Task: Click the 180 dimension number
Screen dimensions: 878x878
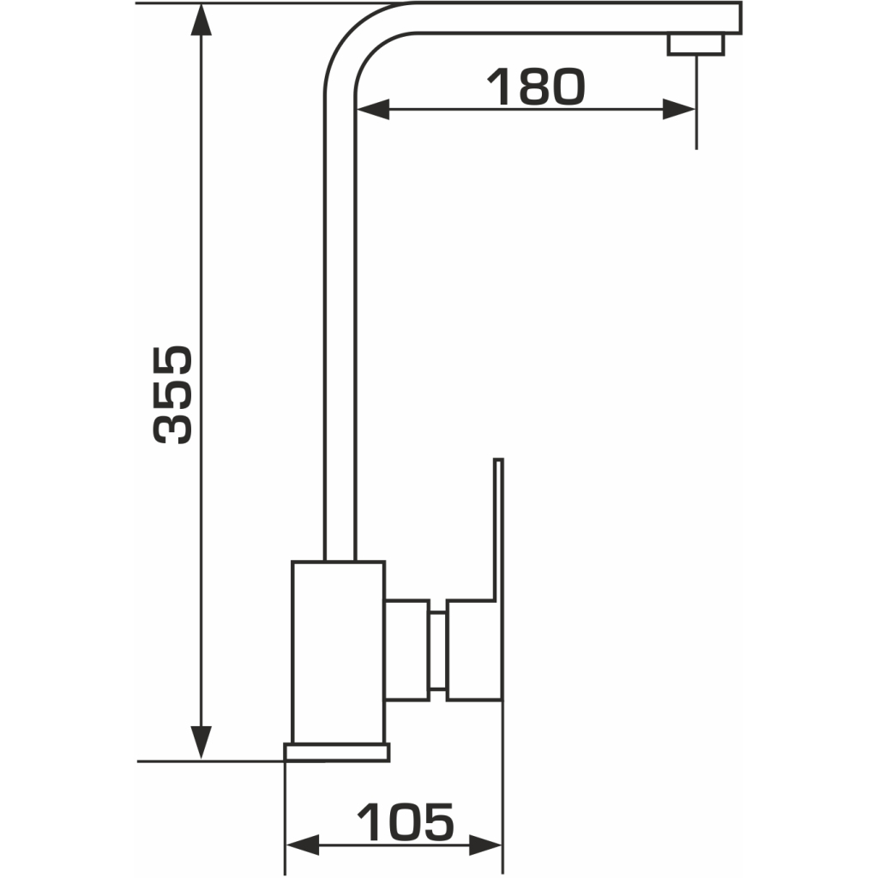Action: [x=536, y=87]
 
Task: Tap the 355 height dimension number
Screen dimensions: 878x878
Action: [x=172, y=394]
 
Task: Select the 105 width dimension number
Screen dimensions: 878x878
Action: [x=406, y=821]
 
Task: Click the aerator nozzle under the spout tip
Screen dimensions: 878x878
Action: [x=695, y=45]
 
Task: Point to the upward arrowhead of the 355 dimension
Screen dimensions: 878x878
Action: [x=201, y=21]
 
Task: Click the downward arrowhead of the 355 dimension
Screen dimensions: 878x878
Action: [x=201, y=743]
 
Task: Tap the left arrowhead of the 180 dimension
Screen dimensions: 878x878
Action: [x=372, y=109]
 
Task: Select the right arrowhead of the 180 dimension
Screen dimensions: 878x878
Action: [x=679, y=109]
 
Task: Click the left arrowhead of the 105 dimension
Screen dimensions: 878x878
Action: [x=303, y=845]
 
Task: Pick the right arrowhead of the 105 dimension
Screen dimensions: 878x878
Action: [x=485, y=845]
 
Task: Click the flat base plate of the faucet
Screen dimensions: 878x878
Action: [x=336, y=752]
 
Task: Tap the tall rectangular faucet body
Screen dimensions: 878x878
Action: [x=338, y=652]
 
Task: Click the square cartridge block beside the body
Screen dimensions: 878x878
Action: [x=407, y=650]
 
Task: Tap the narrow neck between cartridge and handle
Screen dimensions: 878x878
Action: [x=438, y=650]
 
